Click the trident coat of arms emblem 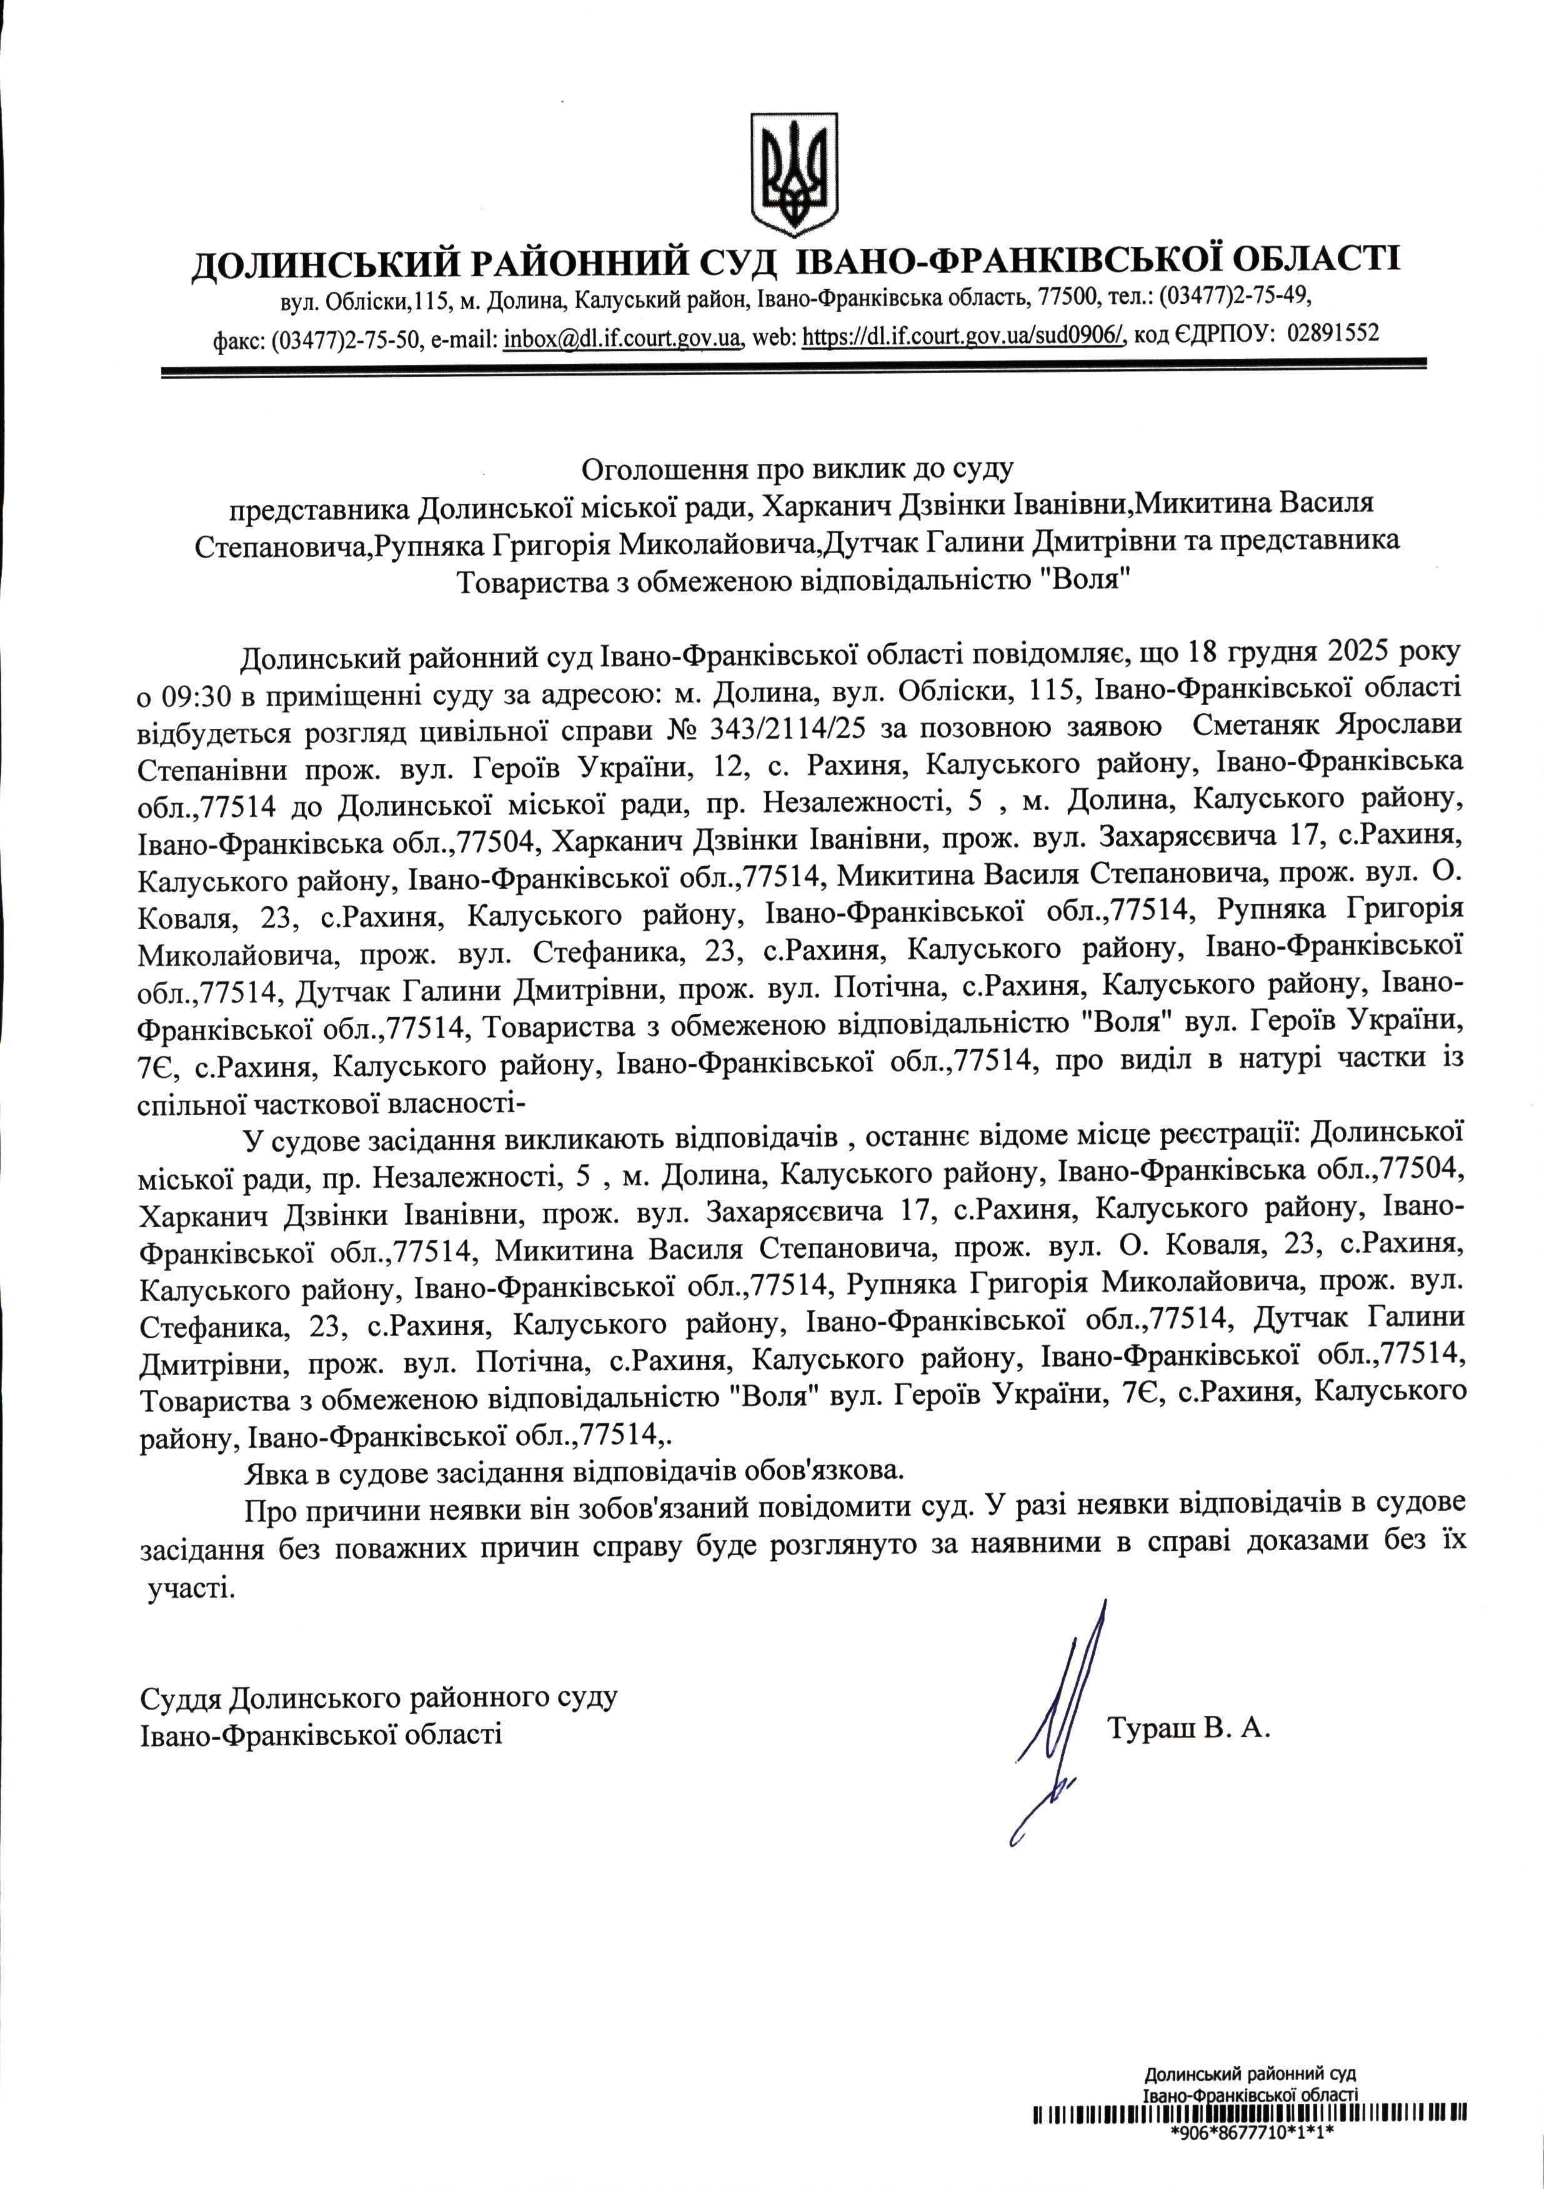(x=794, y=174)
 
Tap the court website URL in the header (x=965, y=336)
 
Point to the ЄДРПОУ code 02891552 (x=1332, y=334)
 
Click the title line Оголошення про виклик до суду (x=797, y=468)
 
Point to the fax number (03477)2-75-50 (x=347, y=336)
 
